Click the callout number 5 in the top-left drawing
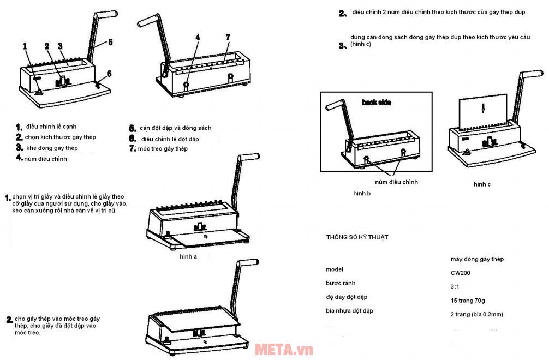[x=110, y=41]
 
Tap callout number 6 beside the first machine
[x=109, y=73]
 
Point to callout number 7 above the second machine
[x=228, y=37]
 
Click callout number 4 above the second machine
[x=198, y=37]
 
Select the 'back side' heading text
[x=377, y=102]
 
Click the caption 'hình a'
[x=188, y=256]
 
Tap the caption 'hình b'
[x=362, y=193]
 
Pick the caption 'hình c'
[x=482, y=184]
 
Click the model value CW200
[x=460, y=273]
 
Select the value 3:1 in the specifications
[x=455, y=286]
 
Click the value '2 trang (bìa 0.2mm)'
[x=476, y=314]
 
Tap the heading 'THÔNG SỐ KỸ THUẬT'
[x=357, y=237]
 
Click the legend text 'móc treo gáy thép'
[x=163, y=149]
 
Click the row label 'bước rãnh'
[x=341, y=284]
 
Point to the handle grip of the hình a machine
[x=248, y=158]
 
